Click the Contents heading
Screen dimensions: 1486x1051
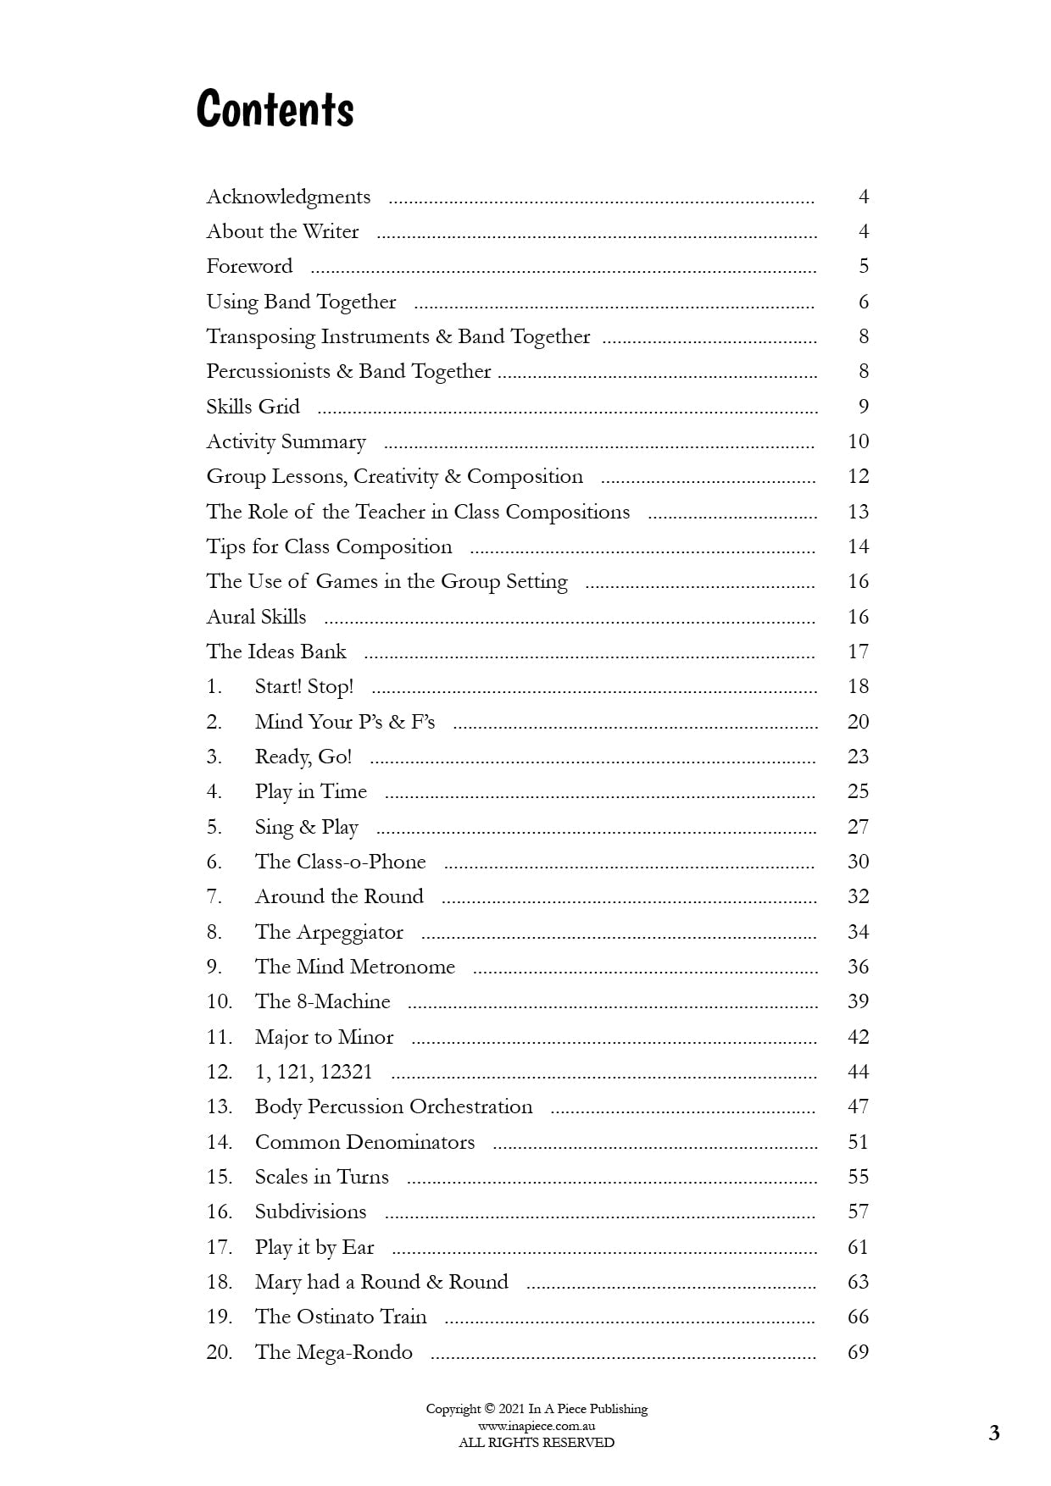(275, 109)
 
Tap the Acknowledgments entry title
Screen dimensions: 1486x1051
(288, 197)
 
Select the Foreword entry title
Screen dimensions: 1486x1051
(249, 267)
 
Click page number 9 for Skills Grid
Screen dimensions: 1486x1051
(863, 407)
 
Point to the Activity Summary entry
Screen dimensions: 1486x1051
(286, 442)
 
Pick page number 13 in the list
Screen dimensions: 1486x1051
(858, 512)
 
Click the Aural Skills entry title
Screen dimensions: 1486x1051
(256, 617)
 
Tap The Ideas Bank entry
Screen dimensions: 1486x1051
(276, 652)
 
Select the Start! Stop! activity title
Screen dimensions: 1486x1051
(303, 687)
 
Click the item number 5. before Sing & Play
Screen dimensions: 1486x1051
(214, 827)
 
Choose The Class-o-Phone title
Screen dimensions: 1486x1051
(340, 862)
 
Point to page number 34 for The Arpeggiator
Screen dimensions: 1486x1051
(858, 932)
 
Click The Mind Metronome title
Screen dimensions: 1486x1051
(354, 967)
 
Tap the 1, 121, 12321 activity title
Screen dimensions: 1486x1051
(313, 1072)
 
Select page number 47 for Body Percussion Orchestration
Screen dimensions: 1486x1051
(858, 1106)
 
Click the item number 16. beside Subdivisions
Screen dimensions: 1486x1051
(219, 1212)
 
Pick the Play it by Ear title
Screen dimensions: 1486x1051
(314, 1247)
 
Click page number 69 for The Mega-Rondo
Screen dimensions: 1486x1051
(858, 1352)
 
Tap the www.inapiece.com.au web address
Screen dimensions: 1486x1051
(536, 1426)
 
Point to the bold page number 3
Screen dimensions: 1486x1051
(993, 1433)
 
